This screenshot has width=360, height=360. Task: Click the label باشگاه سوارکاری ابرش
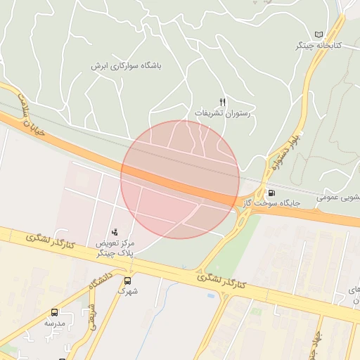[126, 65]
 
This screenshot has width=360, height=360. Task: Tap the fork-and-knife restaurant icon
[223, 102]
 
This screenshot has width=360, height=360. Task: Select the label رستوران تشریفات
[223, 112]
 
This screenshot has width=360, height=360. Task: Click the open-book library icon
[320, 34]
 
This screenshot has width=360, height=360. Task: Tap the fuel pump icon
[271, 193]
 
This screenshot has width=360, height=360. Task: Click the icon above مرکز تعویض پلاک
[115, 232]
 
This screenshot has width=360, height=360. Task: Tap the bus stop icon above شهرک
[127, 279]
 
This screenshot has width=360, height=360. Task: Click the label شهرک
[127, 290]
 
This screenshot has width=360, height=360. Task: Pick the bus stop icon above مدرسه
[54, 313]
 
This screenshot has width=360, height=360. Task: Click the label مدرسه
[54, 323]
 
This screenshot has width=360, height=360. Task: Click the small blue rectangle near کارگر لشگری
[212, 295]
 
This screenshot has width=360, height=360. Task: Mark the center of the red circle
[180, 179]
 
